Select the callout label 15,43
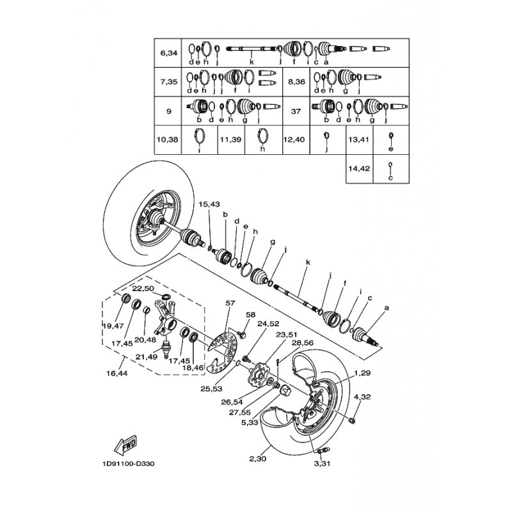pyautogui.click(x=209, y=204)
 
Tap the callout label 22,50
pyautogui.click(x=143, y=288)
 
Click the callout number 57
pyautogui.click(x=230, y=303)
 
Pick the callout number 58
pyautogui.click(x=250, y=315)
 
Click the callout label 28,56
pyautogui.click(x=302, y=343)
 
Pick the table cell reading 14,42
pyautogui.click(x=360, y=169)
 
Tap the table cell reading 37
pyautogui.click(x=296, y=111)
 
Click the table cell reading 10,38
pyautogui.click(x=169, y=140)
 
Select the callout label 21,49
pyautogui.click(x=146, y=357)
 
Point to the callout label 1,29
pyautogui.click(x=362, y=372)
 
